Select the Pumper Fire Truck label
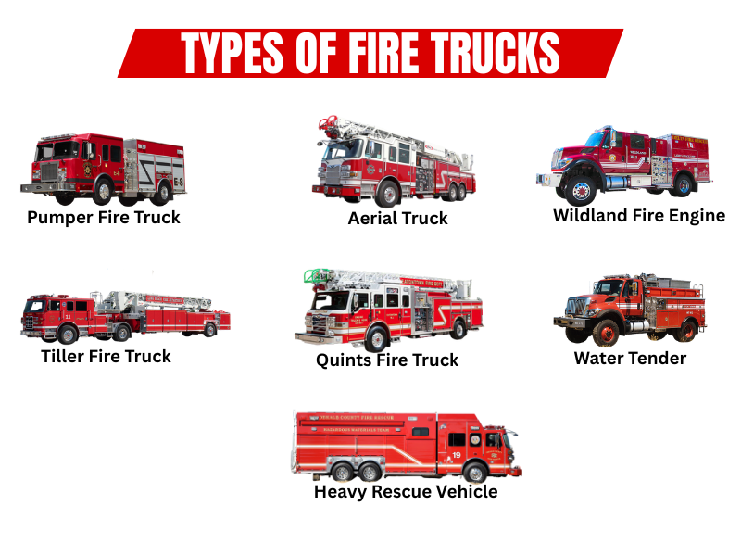[104, 218]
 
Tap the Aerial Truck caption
[398, 219]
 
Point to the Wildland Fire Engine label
[639, 216]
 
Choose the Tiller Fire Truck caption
[107, 356]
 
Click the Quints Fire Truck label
[387, 360]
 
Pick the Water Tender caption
[630, 358]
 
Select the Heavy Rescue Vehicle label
[406, 492]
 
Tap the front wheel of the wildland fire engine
[582, 191]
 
